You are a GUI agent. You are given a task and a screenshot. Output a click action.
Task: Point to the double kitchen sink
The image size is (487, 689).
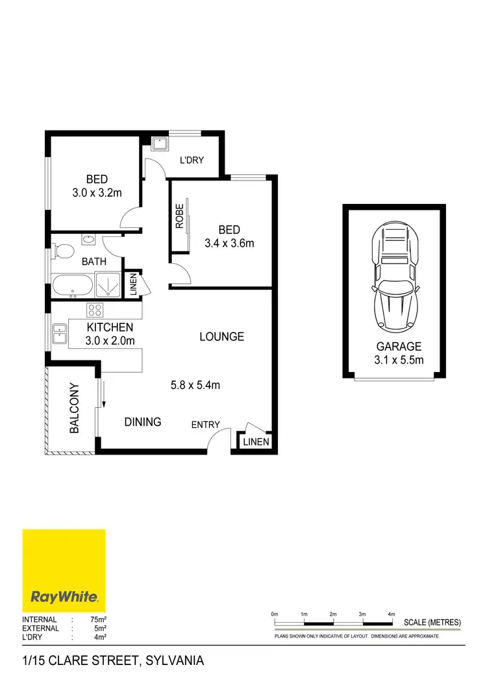click(x=58, y=335)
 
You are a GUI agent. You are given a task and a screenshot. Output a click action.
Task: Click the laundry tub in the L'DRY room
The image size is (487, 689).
click(x=159, y=144)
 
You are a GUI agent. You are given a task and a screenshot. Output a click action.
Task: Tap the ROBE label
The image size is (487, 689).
click(x=180, y=216)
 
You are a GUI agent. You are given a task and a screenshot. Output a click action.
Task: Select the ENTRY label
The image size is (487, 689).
click(x=205, y=425)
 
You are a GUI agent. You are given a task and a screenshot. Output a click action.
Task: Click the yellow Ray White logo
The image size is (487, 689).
click(x=64, y=570)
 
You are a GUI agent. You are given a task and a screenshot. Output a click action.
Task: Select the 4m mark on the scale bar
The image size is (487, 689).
click(x=391, y=614)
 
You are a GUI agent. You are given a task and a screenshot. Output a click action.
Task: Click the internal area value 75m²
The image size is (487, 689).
click(x=99, y=620)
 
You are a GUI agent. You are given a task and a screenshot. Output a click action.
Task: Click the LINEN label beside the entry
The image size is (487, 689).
click(x=254, y=442)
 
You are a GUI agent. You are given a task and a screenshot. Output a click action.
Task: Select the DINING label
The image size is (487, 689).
click(x=143, y=422)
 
